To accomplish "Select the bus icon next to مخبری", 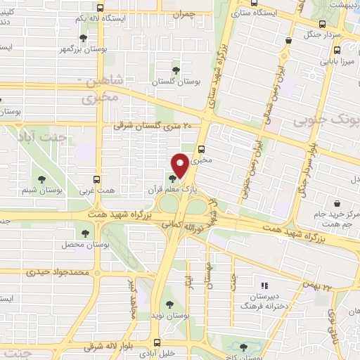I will pos(202,149).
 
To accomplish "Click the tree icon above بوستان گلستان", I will pos(175,70).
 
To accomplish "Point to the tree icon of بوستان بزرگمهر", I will pos(84,39).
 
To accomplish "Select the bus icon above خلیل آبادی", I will pos(154,337).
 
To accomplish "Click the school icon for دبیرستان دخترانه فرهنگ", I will pos(265,285).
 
